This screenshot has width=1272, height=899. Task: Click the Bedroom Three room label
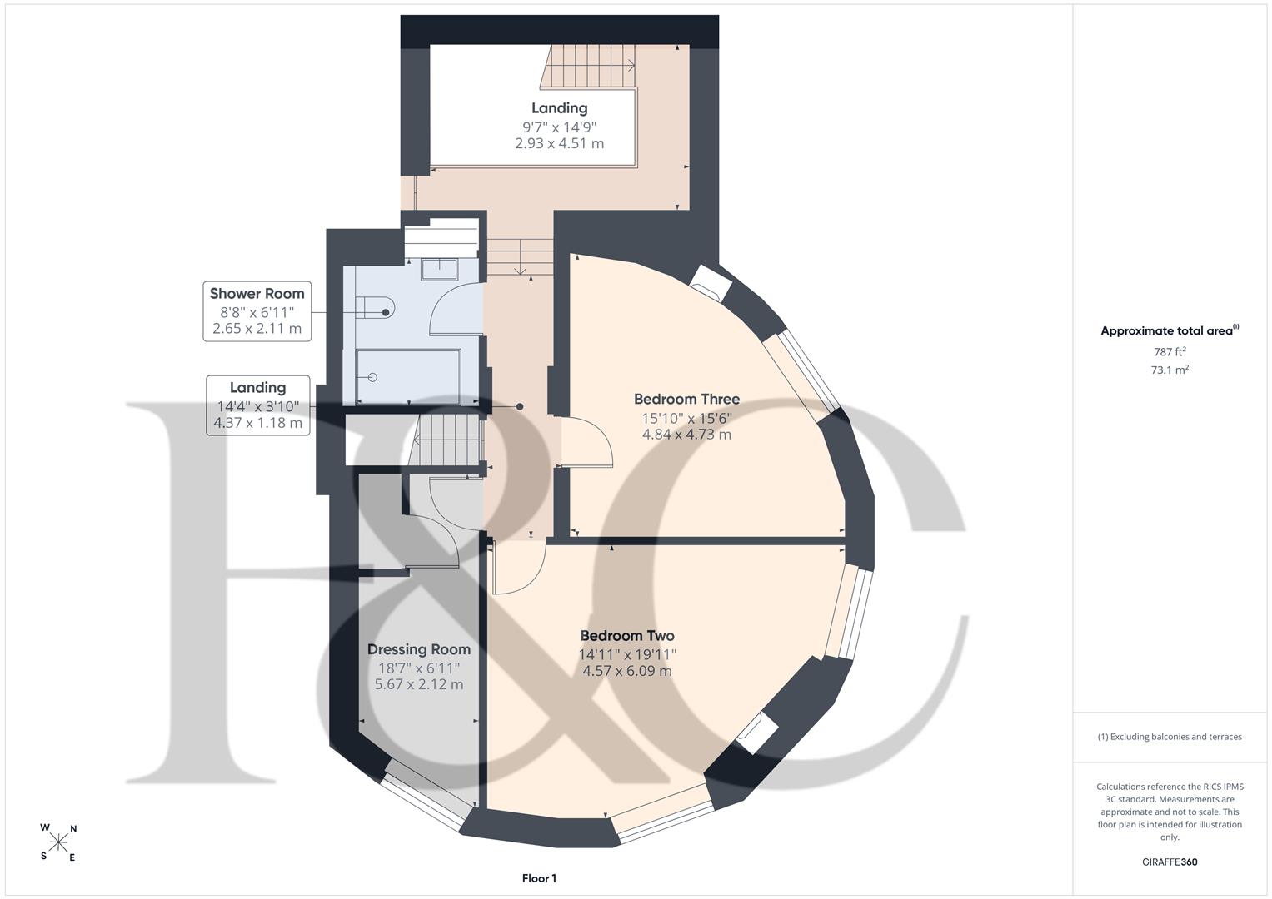[686, 399]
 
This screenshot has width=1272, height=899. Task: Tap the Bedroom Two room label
[627, 636]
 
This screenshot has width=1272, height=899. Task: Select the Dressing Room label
[419, 649]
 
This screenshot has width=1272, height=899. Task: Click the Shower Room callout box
[257, 311]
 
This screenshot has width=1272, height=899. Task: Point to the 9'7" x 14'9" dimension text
[559, 127]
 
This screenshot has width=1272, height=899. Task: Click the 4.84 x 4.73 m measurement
[686, 435]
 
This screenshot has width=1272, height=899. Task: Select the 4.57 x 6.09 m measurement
[627, 671]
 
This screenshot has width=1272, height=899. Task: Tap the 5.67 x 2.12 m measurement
[419, 684]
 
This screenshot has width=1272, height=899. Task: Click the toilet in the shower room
[375, 308]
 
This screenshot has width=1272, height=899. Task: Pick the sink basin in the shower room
[440, 270]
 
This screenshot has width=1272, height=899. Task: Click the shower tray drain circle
[372, 377]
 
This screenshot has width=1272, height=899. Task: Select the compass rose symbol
[58, 842]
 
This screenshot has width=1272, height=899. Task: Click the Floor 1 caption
[540, 878]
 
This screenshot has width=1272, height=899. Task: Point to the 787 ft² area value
[1170, 352]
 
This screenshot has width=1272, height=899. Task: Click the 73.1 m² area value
[1170, 370]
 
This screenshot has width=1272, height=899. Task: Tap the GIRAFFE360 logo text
[1170, 862]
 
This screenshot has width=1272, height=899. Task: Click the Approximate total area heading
[1170, 330]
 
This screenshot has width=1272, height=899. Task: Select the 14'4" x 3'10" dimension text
[257, 406]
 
